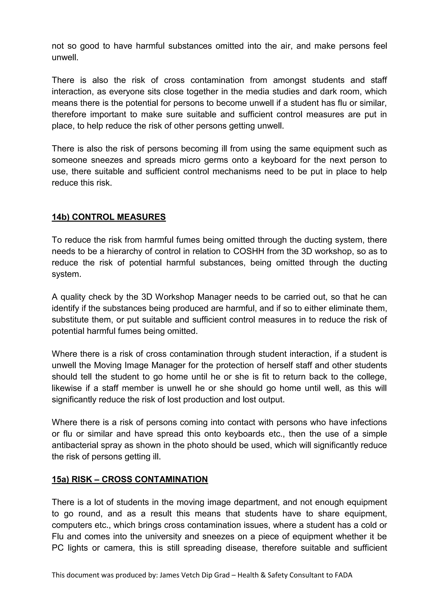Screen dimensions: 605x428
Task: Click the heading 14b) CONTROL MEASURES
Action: (109, 217)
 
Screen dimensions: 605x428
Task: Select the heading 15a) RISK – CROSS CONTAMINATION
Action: (130, 479)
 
